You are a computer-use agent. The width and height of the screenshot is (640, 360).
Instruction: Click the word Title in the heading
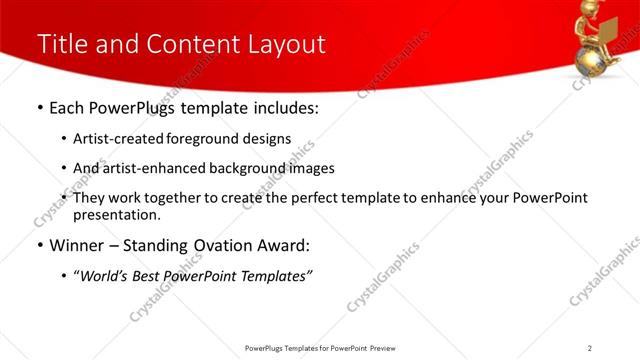click(61, 45)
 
